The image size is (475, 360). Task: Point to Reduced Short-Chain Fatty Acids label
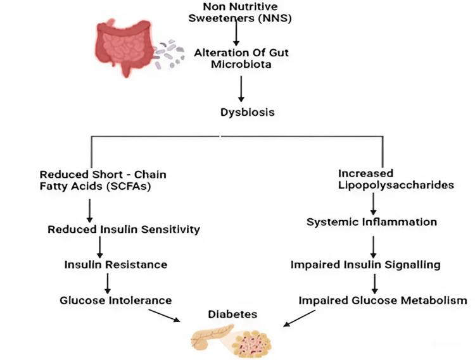103,180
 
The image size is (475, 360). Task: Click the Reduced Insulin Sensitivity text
123,230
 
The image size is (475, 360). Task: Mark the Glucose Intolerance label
116,299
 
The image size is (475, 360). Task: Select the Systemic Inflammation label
372,222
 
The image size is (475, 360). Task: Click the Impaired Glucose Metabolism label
383,300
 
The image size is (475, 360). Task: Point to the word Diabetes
232,314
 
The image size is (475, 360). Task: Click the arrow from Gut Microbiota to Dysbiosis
240,90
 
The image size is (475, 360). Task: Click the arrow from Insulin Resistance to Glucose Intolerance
107,282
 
